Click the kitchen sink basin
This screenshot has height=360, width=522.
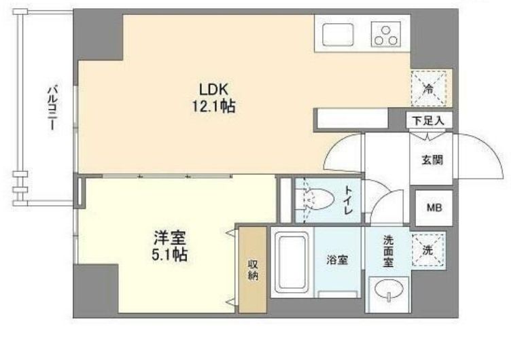336,33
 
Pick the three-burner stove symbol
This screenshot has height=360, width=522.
385,33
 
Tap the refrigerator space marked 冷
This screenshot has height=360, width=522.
430,88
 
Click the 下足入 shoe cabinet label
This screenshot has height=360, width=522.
429,121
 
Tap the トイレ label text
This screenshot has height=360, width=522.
349,200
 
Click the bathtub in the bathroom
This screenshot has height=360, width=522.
292,262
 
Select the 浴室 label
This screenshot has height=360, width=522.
338,259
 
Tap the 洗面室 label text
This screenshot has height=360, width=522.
389,251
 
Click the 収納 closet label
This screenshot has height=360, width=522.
252,270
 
